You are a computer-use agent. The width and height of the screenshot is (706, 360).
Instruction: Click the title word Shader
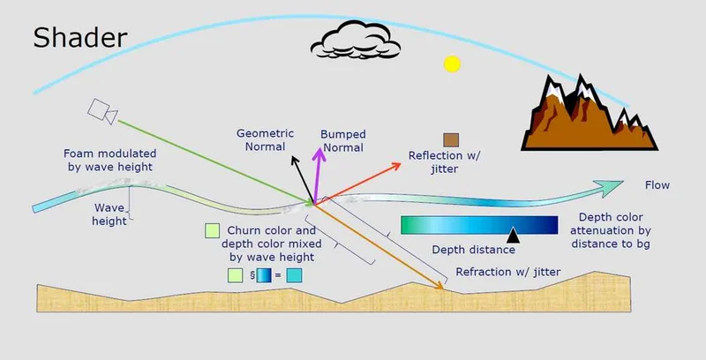80,37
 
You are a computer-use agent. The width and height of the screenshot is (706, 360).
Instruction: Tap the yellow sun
452,64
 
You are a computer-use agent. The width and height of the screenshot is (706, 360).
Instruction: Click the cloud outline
356,40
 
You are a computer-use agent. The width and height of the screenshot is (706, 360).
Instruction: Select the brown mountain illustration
589,113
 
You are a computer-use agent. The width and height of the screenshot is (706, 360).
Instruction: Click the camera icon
102,111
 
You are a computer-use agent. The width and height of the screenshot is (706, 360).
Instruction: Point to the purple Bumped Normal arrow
318,176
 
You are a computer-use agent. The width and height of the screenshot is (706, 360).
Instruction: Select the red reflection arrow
357,184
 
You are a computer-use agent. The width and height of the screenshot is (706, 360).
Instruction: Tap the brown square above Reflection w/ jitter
451,140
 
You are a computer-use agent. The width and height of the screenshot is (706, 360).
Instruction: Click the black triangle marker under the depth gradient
513,236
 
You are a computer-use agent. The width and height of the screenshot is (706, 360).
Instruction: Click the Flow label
657,185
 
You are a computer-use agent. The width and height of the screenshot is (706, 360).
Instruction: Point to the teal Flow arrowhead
610,188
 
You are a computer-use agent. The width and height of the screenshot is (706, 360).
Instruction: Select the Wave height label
109,214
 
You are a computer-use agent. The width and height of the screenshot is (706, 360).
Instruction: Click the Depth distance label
473,250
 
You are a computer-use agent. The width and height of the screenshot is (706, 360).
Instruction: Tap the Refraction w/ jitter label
508,272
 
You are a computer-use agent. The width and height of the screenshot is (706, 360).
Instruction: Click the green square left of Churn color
212,231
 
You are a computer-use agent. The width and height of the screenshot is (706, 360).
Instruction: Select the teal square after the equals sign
294,275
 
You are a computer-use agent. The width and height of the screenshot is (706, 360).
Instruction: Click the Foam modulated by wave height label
109,161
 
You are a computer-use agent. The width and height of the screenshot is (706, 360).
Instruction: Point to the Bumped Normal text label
343,141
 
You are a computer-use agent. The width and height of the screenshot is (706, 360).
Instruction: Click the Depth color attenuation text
611,230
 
